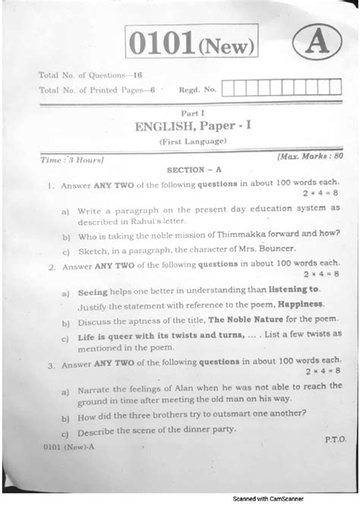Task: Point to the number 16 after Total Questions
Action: [x=136, y=75]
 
